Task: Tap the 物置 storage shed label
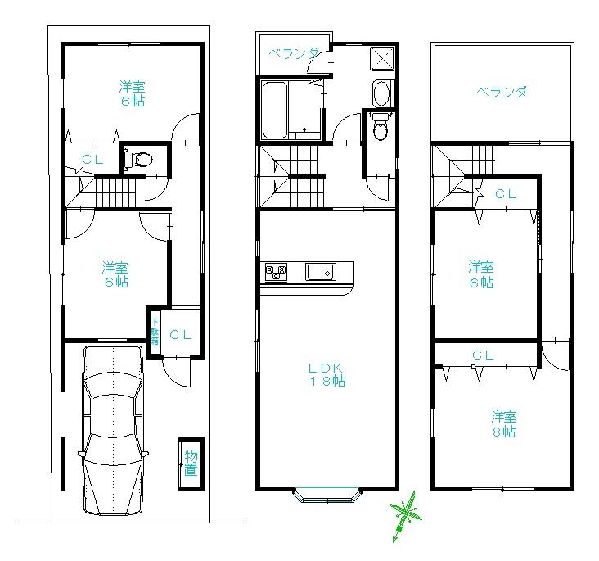pyautogui.click(x=190, y=463)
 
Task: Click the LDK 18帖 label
pyautogui.click(x=326, y=374)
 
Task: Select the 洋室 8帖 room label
pyautogui.click(x=503, y=423)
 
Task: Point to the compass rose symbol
pyautogui.click(x=404, y=514)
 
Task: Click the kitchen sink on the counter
pyautogui.click(x=319, y=271)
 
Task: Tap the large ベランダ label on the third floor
pyautogui.click(x=502, y=92)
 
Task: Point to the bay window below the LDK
pyautogui.click(x=327, y=494)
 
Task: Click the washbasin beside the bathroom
pyautogui.click(x=381, y=93)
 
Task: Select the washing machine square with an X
pyautogui.click(x=381, y=59)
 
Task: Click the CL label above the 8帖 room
pyautogui.click(x=483, y=355)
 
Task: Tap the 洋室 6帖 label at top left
pyautogui.click(x=132, y=93)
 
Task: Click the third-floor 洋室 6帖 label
pyautogui.click(x=480, y=274)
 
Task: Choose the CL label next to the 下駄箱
pyautogui.click(x=181, y=334)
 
